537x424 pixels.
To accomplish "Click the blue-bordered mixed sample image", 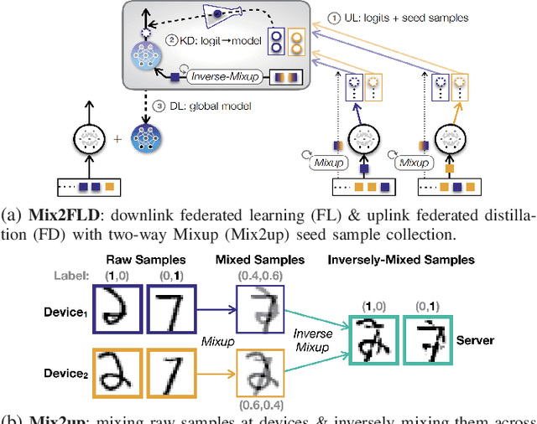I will click(x=256, y=309).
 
